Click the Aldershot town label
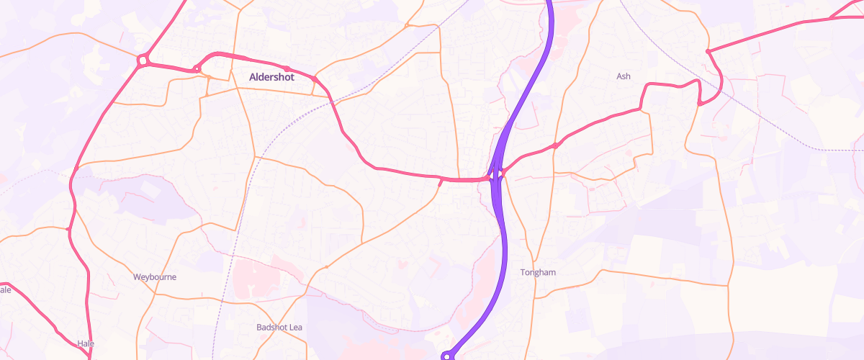[x=271, y=76]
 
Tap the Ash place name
[x=624, y=76]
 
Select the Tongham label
[x=538, y=272]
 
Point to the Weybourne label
[x=155, y=276]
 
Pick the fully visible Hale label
[x=86, y=343]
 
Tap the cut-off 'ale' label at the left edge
[x=5, y=289]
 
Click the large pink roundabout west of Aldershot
[x=143, y=61]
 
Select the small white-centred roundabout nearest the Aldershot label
[x=196, y=69]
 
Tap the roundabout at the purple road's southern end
[x=448, y=356]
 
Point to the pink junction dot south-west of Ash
[x=555, y=146]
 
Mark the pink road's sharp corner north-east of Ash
[x=708, y=51]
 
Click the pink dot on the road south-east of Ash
[x=699, y=104]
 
